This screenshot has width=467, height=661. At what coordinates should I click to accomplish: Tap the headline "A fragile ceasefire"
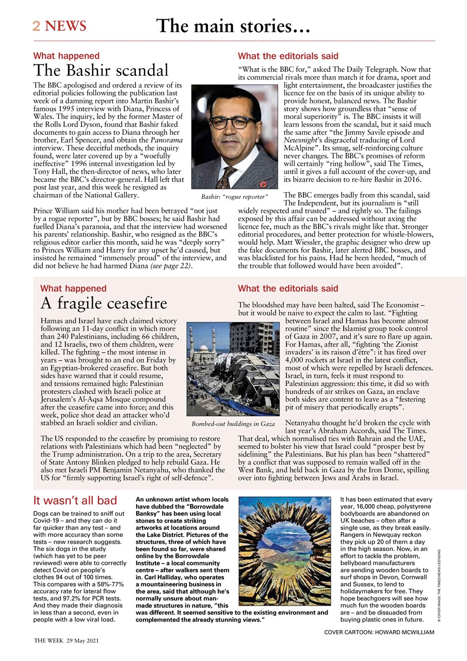(x=104, y=303)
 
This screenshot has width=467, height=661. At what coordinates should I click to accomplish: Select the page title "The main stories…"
(x=233, y=25)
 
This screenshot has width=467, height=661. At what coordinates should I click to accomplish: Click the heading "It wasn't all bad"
(x=75, y=500)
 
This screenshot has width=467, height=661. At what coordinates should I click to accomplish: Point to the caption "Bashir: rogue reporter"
(x=235, y=197)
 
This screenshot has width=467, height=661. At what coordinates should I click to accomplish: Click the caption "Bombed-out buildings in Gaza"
(x=233, y=424)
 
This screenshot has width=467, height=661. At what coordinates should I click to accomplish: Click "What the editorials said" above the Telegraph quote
(x=288, y=56)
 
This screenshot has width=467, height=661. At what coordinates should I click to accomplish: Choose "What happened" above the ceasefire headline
(x=73, y=289)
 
